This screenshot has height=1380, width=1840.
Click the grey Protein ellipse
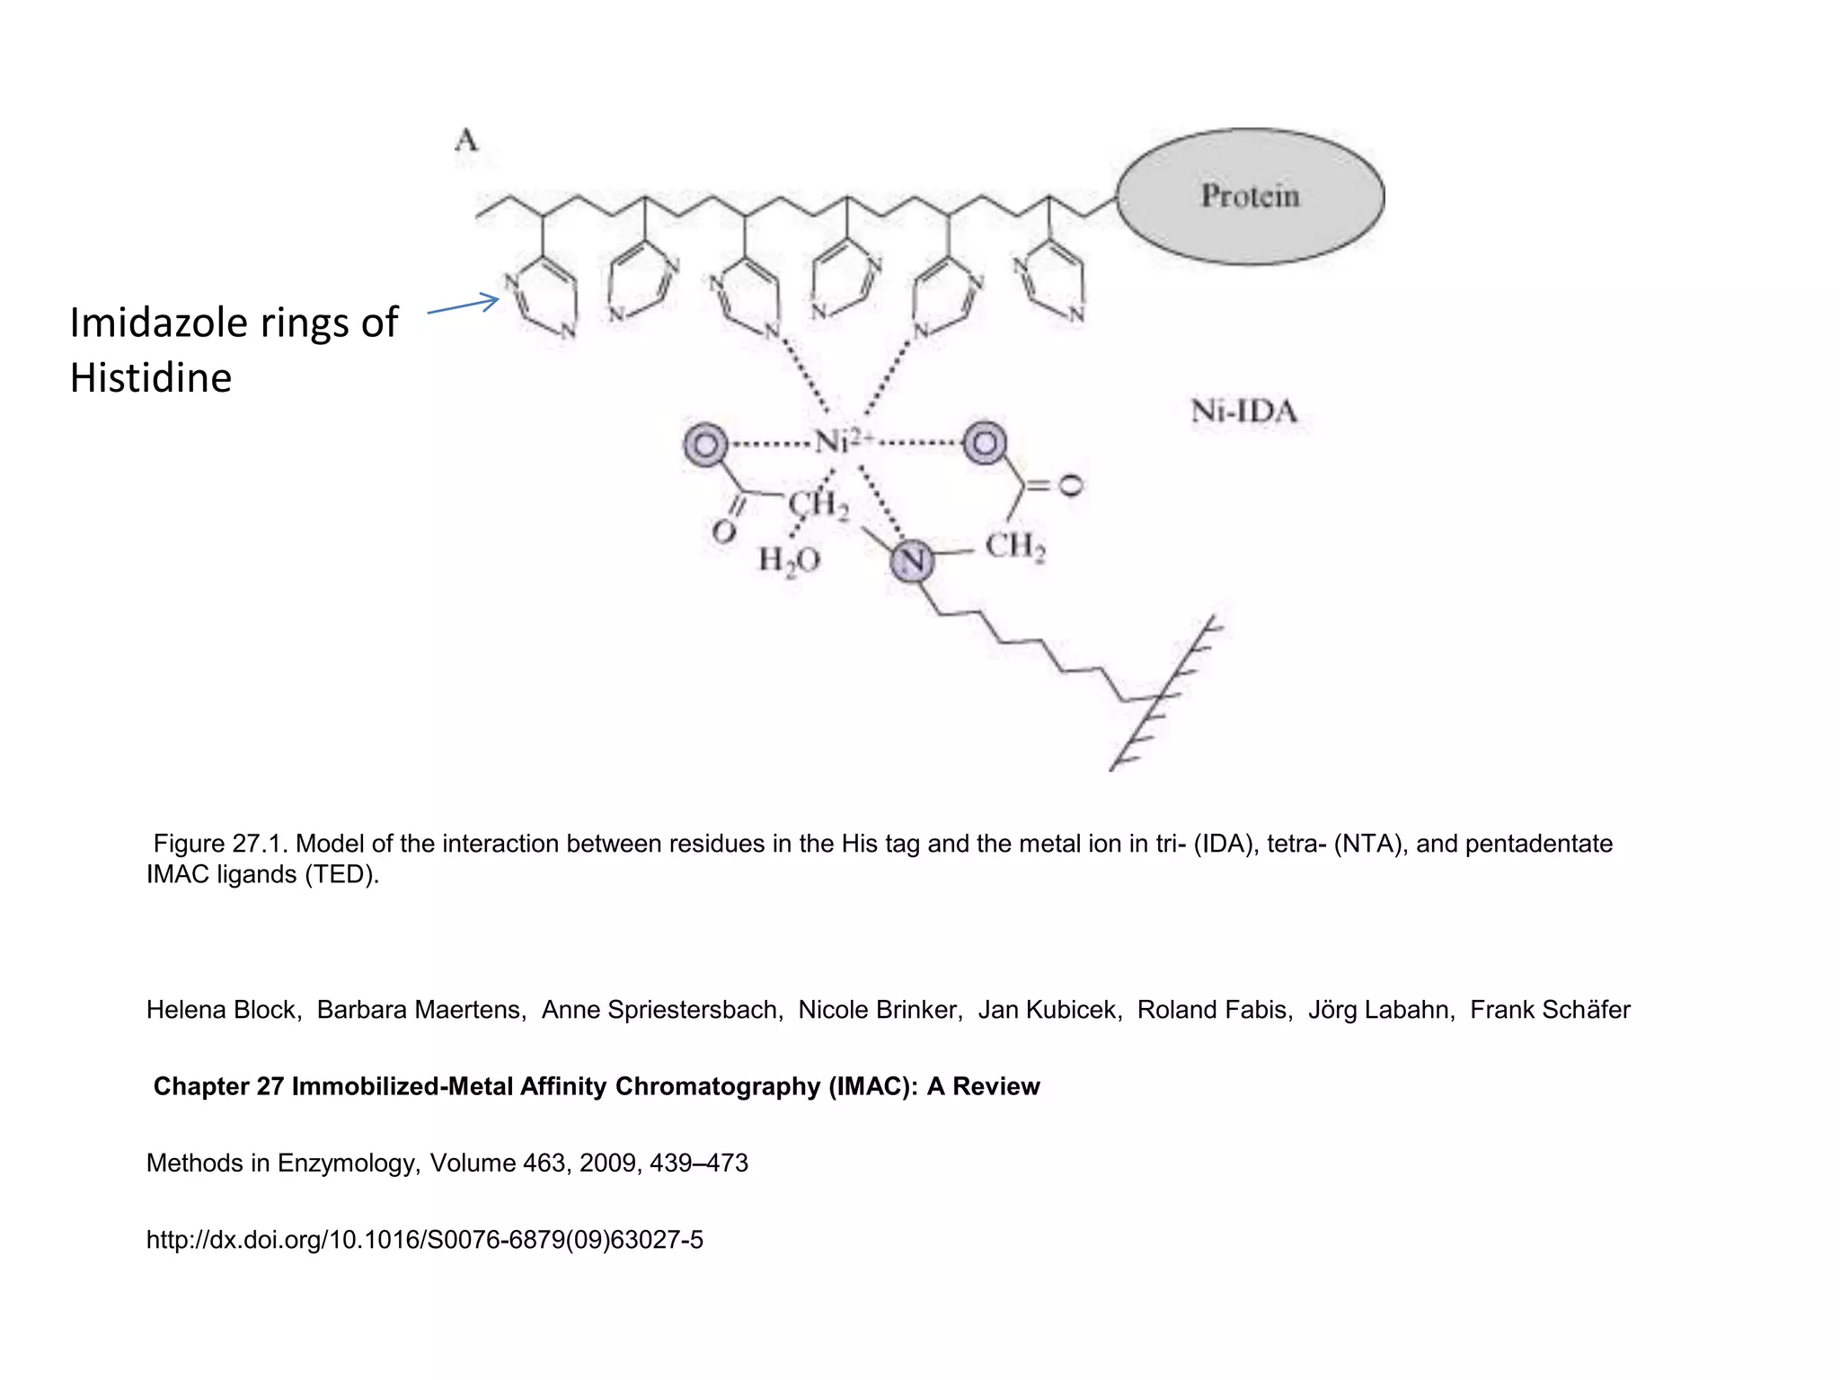(x=1250, y=196)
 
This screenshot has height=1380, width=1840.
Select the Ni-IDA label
(x=1244, y=411)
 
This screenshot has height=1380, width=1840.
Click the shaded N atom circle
(x=912, y=561)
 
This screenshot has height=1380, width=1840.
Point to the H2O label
(x=789, y=561)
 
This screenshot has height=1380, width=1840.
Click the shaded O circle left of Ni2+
(x=706, y=444)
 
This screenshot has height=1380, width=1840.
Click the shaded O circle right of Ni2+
(x=985, y=443)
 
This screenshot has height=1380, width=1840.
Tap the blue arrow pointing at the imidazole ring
(x=463, y=305)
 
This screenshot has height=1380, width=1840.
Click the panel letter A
(x=466, y=140)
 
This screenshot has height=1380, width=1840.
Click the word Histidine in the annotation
(x=151, y=377)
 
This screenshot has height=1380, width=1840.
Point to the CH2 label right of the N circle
(x=1015, y=546)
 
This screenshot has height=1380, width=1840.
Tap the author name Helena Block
(x=221, y=1010)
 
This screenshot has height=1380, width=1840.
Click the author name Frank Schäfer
(x=1550, y=1010)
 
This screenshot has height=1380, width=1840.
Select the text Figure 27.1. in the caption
(x=221, y=844)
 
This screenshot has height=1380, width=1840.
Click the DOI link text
(x=424, y=1240)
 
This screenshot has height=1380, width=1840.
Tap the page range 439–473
(x=699, y=1163)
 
